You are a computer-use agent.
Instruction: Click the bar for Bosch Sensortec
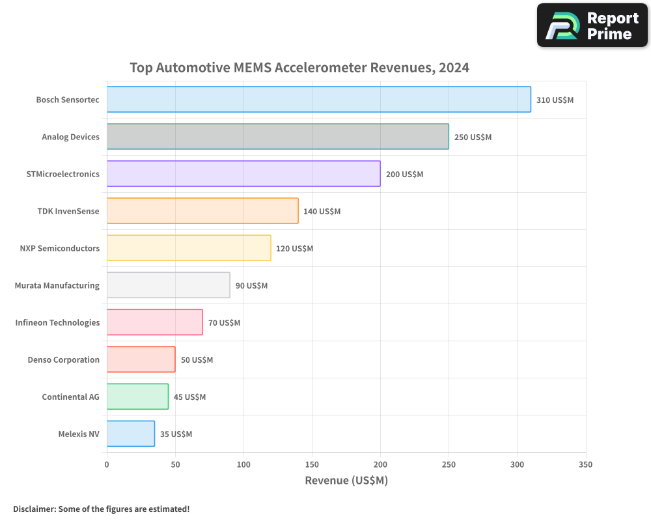(x=318, y=100)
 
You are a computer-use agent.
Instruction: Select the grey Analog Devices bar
(x=277, y=137)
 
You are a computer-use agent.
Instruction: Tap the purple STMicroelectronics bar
(x=243, y=174)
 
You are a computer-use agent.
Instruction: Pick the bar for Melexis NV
(x=130, y=434)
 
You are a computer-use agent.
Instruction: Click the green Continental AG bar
(x=137, y=397)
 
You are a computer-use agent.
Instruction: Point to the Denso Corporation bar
(x=141, y=359)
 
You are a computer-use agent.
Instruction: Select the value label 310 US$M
(x=555, y=100)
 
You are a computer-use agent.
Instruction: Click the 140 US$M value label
(x=322, y=212)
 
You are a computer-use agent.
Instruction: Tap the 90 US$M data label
(x=251, y=286)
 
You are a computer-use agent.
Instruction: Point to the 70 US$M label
(x=224, y=323)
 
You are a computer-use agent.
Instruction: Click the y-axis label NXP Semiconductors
(x=60, y=248)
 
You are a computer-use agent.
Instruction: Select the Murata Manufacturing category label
(x=57, y=285)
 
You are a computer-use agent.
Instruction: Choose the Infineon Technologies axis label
(x=57, y=322)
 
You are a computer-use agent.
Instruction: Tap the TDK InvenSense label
(x=68, y=211)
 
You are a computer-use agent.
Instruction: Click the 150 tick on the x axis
(x=312, y=465)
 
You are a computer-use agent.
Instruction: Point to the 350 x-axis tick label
(x=585, y=465)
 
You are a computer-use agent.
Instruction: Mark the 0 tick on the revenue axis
(x=107, y=465)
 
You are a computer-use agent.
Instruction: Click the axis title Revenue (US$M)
(x=346, y=481)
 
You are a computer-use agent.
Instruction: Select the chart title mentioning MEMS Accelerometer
(x=299, y=68)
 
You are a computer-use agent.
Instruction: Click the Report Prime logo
(x=592, y=25)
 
